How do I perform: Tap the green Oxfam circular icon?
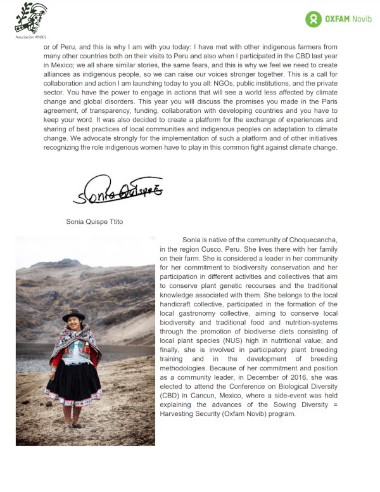click(x=313, y=20)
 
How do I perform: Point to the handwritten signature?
click(x=115, y=191)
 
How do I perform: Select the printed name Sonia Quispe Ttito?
click(x=94, y=222)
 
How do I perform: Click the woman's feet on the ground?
click(x=75, y=424)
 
